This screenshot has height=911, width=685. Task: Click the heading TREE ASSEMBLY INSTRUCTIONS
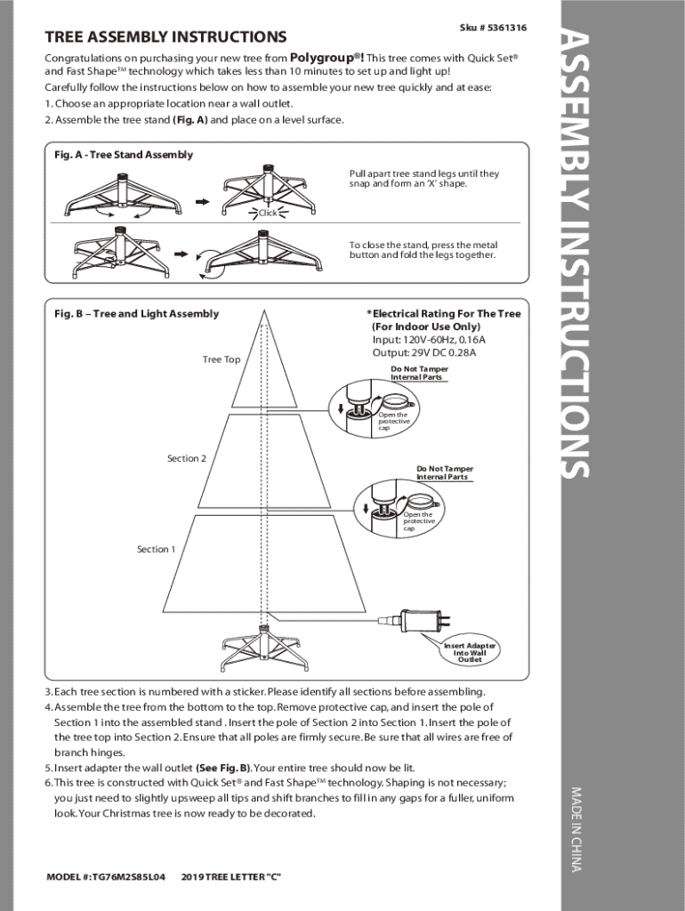[165, 37]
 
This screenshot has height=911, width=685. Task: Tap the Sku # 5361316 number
[493, 28]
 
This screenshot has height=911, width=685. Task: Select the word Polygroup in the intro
[326, 57]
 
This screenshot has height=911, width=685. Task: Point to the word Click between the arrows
[268, 213]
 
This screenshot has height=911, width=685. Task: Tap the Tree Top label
[221, 359]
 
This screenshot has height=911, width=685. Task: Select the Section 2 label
[187, 458]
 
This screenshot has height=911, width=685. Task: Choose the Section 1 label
[156, 549]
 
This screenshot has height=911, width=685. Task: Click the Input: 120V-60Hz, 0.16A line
[429, 340]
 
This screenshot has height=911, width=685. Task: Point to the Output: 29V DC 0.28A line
[423, 352]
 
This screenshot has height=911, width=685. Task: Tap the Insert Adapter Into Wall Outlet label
[470, 652]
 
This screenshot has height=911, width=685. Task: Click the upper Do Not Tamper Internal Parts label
[419, 373]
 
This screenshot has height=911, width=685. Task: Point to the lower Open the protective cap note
[418, 521]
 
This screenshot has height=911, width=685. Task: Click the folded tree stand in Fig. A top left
[122, 196]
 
